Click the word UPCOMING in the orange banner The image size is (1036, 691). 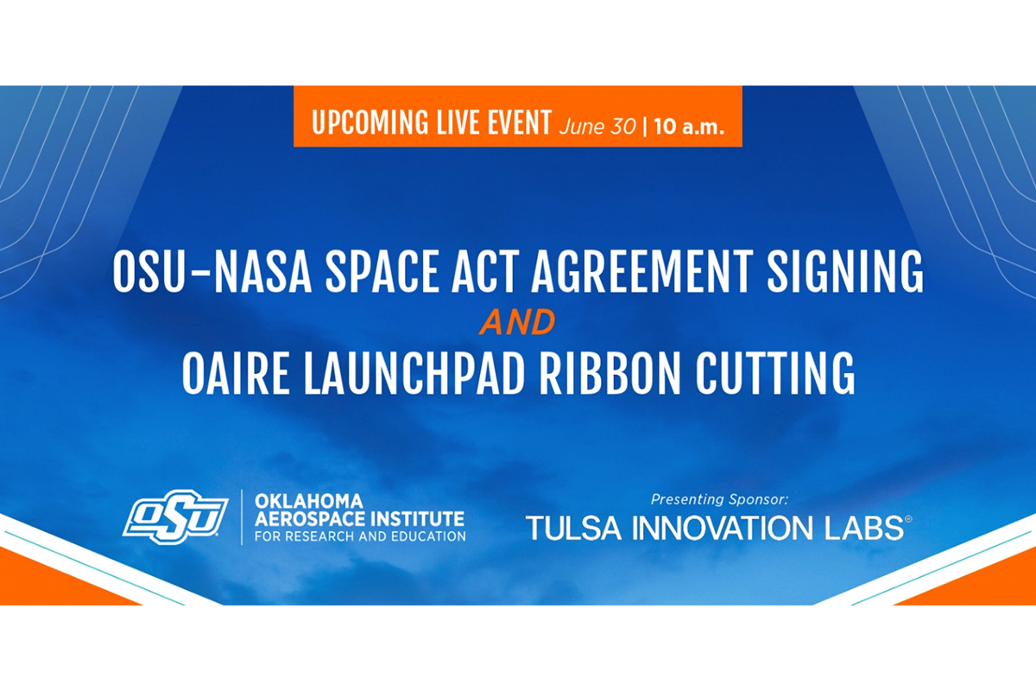[371, 123]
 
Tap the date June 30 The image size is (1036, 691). [597, 126]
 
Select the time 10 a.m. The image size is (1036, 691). [689, 126]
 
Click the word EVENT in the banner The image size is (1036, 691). [520, 123]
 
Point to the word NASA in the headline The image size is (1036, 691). [262, 272]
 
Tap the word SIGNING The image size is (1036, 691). [845, 272]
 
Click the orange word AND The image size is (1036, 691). [517, 322]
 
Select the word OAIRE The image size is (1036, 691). [236, 373]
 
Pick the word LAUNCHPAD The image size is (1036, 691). [414, 373]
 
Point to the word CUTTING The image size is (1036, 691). [775, 373]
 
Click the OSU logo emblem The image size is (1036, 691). [176, 517]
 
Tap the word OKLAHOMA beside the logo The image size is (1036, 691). [309, 501]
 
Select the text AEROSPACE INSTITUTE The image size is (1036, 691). [359, 519]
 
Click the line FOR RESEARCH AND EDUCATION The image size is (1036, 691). [360, 536]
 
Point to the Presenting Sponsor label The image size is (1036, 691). [719, 499]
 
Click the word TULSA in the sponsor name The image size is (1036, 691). [573, 528]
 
